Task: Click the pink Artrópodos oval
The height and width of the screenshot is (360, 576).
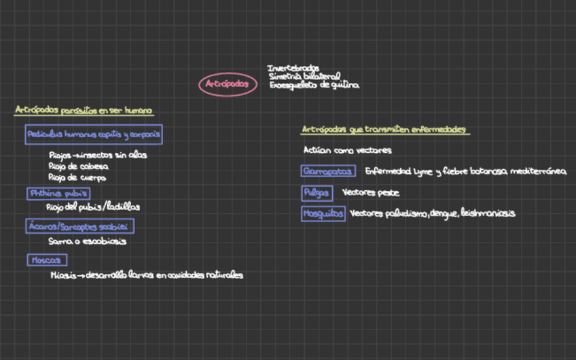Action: pos(228,84)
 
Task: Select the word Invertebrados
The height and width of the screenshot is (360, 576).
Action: pos(293,68)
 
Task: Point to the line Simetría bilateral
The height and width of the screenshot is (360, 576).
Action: pos(304,77)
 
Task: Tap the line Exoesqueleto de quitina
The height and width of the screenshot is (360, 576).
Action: pos(314,86)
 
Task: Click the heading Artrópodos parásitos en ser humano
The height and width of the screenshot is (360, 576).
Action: pos(84,110)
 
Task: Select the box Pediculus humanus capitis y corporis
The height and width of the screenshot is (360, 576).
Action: pos(94,134)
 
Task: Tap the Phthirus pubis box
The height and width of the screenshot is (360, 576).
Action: pos(58,194)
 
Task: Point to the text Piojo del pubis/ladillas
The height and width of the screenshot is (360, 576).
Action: pos(92,206)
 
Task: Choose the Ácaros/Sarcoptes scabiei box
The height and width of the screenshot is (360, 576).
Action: pos(80,226)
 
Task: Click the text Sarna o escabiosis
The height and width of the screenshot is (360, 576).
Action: pos(87,240)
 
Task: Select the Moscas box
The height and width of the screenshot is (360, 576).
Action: pos(47,260)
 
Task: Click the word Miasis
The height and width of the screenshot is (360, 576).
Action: pos(62,275)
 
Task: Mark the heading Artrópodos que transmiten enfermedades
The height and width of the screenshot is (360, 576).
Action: pos(384,129)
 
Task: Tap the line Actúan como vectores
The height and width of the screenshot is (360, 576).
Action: pos(347,150)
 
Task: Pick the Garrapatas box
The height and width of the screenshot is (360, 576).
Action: pos(327,171)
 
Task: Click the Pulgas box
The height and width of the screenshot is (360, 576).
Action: pos(317,193)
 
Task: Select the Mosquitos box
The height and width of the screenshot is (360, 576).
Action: pos(323,214)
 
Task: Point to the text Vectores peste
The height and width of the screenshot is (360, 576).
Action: pos(370,193)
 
